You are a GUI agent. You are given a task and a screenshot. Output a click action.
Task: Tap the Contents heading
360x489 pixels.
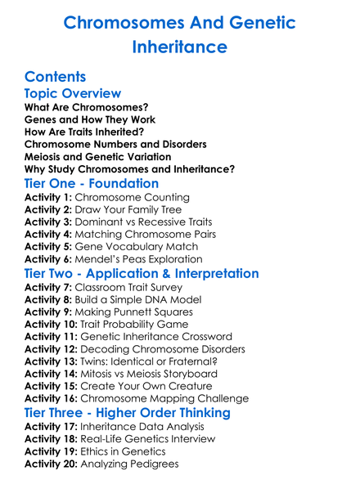[x=55, y=77]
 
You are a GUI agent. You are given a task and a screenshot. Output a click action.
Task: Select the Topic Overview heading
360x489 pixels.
[x=73, y=93]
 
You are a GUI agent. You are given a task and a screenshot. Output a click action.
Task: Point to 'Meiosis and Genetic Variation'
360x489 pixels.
[x=97, y=157]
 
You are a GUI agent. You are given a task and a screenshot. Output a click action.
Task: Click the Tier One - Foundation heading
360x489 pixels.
[x=92, y=183]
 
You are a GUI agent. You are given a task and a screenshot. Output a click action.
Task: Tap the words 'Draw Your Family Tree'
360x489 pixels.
[x=128, y=210]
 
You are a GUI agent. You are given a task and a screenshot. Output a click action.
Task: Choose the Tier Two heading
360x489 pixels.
[x=142, y=273]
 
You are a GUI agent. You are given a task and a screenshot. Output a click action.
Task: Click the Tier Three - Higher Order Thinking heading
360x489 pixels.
[x=127, y=412]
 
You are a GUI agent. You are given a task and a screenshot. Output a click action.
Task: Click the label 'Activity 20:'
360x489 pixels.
[x=52, y=464]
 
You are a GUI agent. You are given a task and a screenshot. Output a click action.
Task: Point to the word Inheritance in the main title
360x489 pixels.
[x=179, y=47]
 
